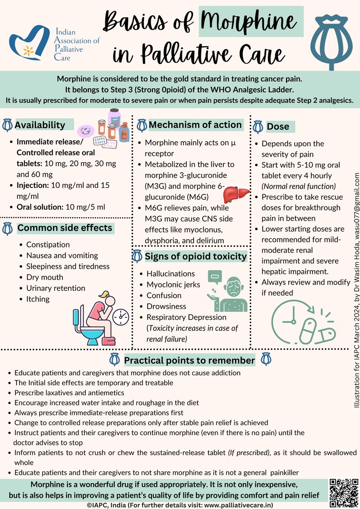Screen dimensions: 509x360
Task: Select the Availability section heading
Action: [x=40, y=125]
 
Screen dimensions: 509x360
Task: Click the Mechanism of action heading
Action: [x=195, y=125]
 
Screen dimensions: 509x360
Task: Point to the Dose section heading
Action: [x=278, y=126]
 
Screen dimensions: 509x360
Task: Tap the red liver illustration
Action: [x=236, y=195]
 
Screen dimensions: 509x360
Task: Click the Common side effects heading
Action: [x=65, y=228]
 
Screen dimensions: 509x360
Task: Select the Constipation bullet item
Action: [x=48, y=245]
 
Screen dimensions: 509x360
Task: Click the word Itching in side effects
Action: [x=38, y=299]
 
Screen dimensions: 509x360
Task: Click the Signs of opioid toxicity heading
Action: [x=196, y=256]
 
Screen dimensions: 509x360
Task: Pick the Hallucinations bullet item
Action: [x=171, y=274]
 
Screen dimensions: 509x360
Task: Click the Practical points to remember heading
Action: [x=189, y=361]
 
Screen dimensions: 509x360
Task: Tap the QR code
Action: [x=344, y=491]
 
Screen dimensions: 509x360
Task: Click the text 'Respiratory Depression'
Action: [x=186, y=317]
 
